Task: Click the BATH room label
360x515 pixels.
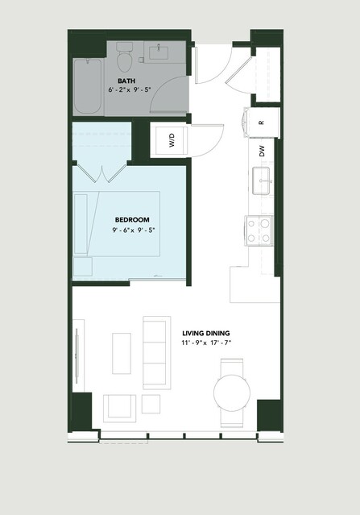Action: [126, 81]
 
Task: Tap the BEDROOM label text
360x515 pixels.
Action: [132, 220]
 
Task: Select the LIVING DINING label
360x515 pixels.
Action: [206, 334]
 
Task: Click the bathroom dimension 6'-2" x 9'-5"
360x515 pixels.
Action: [130, 89]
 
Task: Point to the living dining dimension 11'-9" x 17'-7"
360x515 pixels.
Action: [206, 343]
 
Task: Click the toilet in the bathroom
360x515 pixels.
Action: [124, 57]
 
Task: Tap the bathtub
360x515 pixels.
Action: [87, 87]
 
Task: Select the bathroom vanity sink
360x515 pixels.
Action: [159, 52]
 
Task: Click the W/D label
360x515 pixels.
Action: [172, 140]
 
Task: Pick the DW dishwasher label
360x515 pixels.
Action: [262, 151]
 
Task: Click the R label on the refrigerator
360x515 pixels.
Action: [261, 123]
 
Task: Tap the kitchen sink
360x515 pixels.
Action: [261, 181]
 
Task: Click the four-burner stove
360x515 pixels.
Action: [259, 231]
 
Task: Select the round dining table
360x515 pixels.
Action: [232, 393]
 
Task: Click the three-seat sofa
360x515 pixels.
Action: [157, 353]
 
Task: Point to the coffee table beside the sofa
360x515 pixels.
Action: [122, 353]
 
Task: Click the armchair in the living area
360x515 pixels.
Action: [119, 409]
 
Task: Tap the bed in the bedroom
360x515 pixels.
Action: [117, 224]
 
